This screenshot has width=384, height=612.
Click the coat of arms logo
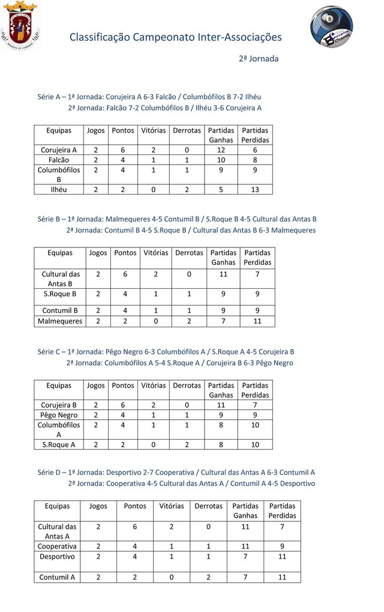click(x=20, y=26)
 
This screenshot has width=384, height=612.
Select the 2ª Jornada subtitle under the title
click(x=259, y=59)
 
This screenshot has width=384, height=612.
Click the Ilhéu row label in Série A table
click(x=59, y=189)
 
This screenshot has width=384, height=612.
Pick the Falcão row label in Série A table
click(x=59, y=160)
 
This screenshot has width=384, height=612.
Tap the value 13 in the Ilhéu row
click(x=255, y=189)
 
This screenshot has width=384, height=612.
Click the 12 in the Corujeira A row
click(x=221, y=150)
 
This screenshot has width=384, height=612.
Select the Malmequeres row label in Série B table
click(x=60, y=321)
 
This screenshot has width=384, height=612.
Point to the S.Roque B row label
click(x=60, y=294)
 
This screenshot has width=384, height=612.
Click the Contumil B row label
click(x=60, y=311)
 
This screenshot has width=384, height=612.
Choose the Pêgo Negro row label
click(x=59, y=415)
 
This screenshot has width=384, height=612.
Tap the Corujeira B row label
click(x=59, y=405)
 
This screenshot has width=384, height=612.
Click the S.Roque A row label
click(x=59, y=444)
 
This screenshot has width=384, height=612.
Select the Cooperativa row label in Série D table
click(x=57, y=547)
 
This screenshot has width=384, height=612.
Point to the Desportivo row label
click(x=57, y=557)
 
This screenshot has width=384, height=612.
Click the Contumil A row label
click(x=57, y=577)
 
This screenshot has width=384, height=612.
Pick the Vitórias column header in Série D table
click(x=172, y=506)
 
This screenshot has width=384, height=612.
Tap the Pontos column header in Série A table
click(x=123, y=130)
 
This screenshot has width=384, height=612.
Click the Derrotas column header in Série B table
click(x=189, y=253)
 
